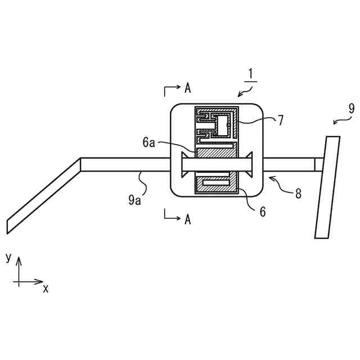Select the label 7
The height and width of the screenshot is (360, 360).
click(x=280, y=119)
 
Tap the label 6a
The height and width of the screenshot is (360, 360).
click(x=148, y=143)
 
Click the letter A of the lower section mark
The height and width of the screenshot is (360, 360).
click(x=187, y=218)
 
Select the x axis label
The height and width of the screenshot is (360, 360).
click(x=46, y=288)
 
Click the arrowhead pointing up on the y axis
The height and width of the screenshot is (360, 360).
click(x=19, y=260)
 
